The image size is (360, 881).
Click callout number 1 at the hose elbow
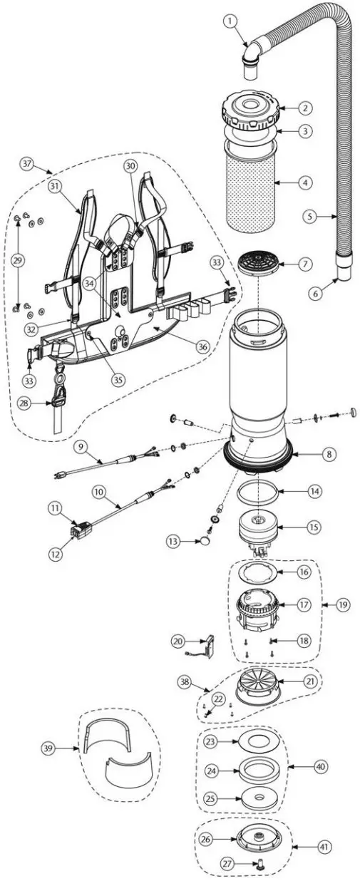click(230, 22)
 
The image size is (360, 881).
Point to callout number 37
click(27, 163)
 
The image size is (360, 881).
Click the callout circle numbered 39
click(47, 748)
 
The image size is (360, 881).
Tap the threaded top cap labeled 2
click(253, 108)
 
